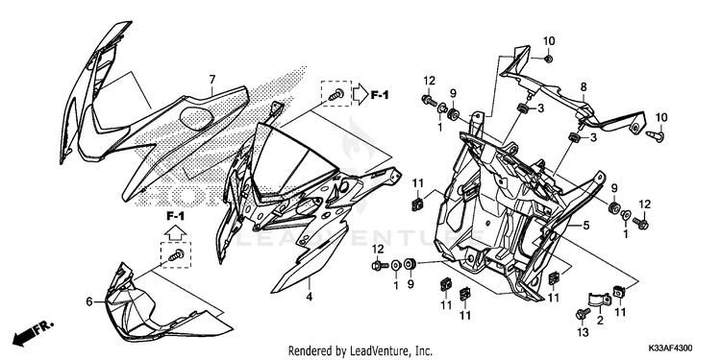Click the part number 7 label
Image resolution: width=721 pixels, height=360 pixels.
click(212, 80)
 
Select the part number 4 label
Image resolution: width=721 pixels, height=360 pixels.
click(310, 297)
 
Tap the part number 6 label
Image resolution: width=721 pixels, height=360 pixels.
click(89, 301)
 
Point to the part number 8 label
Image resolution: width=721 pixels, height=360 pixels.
click(584, 86)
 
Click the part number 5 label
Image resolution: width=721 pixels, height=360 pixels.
click(585, 226)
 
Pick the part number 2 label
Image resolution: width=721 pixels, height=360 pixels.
click(600, 321)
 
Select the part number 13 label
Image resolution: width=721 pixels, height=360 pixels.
click(584, 333)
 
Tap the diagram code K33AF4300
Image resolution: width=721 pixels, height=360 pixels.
click(671, 348)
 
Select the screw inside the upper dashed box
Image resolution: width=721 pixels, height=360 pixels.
click(336, 94)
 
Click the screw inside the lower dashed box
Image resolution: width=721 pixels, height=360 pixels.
click(177, 254)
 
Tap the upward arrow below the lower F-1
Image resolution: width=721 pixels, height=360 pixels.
click(175, 232)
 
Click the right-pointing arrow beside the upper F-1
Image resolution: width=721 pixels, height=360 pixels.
click(360, 94)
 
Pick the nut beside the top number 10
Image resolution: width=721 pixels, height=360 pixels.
click(548, 59)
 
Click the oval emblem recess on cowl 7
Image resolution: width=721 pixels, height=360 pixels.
click(196, 116)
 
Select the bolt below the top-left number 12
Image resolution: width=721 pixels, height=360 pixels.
click(429, 100)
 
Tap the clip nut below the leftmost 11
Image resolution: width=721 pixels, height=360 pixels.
click(417, 203)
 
